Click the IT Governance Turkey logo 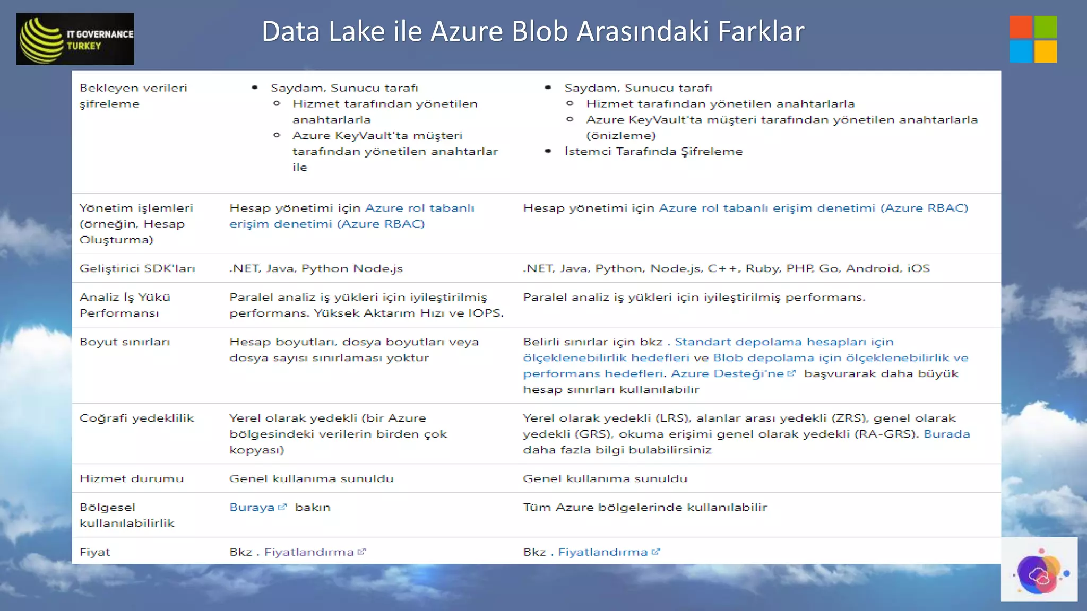tap(75, 39)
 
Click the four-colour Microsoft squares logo tap(1033, 39)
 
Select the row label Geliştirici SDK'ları tap(137, 268)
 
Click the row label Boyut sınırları tap(125, 342)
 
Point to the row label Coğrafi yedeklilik tap(136, 418)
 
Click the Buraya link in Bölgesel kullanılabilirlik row tap(252, 508)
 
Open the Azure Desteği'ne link tap(727, 374)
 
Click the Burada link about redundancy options tap(946, 434)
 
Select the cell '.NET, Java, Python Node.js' tap(316, 268)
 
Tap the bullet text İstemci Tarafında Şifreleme tap(653, 152)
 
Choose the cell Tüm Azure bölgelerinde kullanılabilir tap(645, 508)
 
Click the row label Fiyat tap(95, 552)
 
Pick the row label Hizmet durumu tap(131, 479)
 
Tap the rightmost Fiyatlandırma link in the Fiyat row tap(602, 552)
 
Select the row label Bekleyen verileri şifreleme tap(133, 96)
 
